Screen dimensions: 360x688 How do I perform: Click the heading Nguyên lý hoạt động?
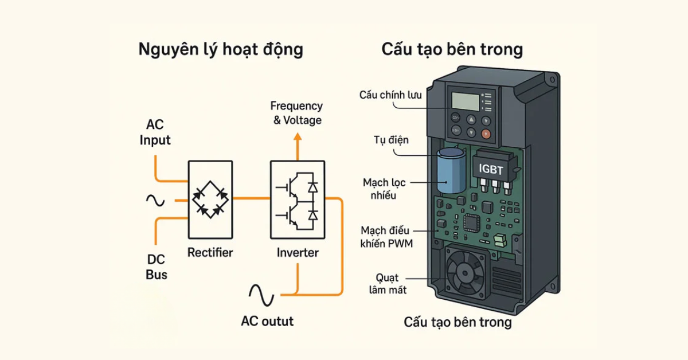coord(221,50)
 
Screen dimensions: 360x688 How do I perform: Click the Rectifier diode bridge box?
coord(210,200)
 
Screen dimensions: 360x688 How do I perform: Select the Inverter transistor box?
coord(296,200)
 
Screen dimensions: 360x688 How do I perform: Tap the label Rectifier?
coord(210,252)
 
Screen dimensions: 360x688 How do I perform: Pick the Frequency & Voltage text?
coord(296,113)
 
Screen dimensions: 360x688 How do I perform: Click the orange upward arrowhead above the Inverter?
coord(297,137)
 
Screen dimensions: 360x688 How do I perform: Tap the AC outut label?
coord(267,321)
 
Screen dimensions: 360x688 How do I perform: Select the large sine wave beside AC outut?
coord(261,295)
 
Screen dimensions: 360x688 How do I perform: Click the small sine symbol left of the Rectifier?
coord(155,200)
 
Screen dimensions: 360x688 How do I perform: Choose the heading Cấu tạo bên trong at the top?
coord(452,50)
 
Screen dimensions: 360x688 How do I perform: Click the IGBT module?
coord(494,169)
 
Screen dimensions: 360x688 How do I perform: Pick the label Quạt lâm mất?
coord(387,284)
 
